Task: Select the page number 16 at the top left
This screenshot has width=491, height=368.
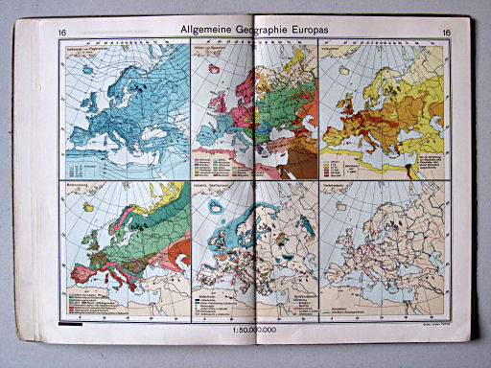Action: tap(62, 34)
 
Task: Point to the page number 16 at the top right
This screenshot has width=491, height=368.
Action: tap(447, 34)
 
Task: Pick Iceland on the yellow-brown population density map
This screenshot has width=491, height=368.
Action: tap(331, 74)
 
